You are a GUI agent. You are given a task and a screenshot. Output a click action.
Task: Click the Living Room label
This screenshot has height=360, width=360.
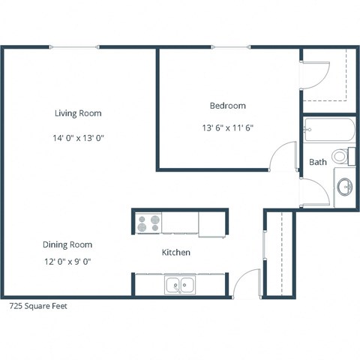pos(78,113)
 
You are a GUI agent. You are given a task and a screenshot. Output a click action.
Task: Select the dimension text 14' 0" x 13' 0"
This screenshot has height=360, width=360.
pos(78,138)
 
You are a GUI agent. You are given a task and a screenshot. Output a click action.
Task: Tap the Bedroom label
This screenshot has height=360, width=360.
pos(227,106)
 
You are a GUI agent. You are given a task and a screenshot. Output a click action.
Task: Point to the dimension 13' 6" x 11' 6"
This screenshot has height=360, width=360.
pos(227,127)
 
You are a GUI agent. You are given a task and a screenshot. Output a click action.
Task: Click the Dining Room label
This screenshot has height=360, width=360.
pos(67,244)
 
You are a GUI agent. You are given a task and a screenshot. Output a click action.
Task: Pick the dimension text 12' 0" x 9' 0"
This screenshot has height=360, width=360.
pos(67,262)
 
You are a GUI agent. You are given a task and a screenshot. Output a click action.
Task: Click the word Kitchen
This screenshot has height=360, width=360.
pos(176,253)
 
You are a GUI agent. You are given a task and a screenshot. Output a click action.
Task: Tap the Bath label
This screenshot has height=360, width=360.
pos(318,162)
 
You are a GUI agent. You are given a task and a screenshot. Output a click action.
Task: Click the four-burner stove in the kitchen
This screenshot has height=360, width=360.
pos(148,223)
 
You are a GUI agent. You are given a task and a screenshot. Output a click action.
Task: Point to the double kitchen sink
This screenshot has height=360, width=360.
pos(179,284)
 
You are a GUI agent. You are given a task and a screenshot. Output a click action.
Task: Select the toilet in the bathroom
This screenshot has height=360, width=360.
pos(342,157)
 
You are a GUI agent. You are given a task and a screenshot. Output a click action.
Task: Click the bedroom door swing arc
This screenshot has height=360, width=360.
pos(283,154)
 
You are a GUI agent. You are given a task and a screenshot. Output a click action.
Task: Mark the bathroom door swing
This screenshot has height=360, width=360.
pos(315,193)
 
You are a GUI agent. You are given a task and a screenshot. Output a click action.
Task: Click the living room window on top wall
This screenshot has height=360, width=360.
pos(75,48)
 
